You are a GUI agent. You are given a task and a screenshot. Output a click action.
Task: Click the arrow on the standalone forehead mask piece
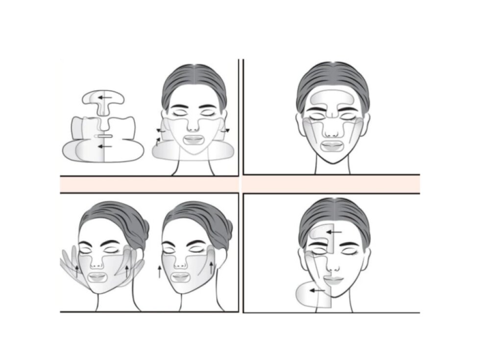point(103,97)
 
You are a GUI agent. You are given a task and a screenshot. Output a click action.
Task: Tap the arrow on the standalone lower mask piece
point(104,146)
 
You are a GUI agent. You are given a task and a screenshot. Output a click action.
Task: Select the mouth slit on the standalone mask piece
point(104,136)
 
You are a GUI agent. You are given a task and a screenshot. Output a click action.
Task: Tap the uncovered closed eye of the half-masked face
point(351,255)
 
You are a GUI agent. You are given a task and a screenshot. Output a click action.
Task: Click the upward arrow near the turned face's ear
point(212,267)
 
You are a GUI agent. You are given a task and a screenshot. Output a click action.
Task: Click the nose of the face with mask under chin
point(194,126)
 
